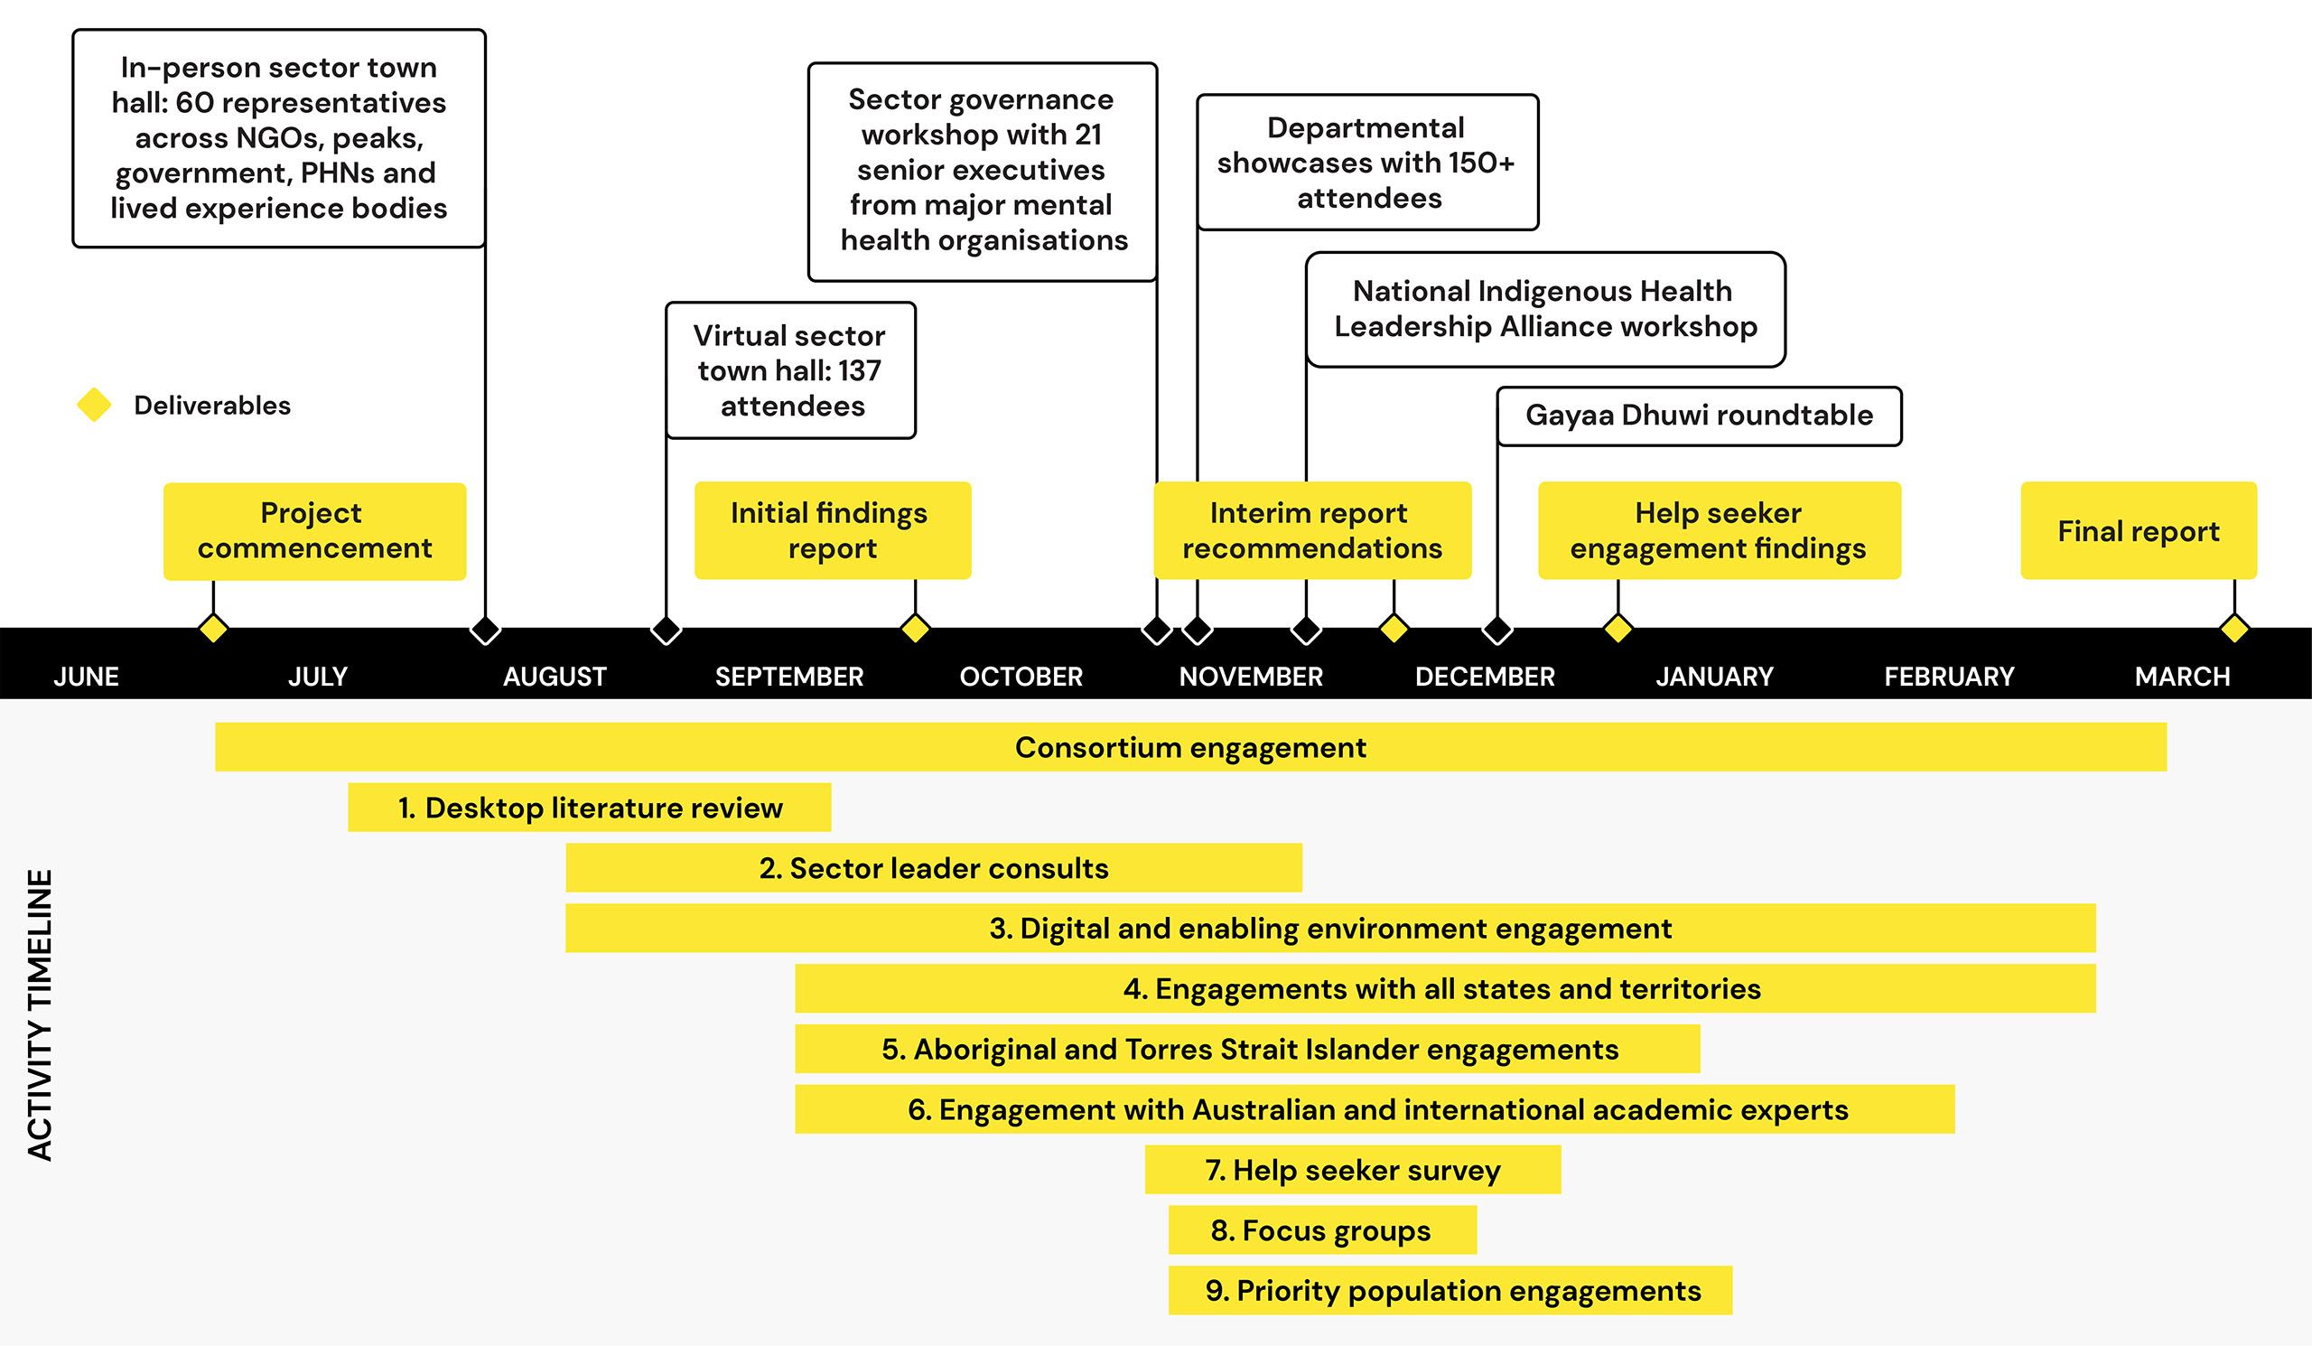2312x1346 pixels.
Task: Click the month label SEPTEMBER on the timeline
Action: (x=789, y=678)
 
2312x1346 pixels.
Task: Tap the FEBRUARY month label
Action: (x=1949, y=678)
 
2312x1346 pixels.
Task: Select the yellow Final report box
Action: (x=2139, y=530)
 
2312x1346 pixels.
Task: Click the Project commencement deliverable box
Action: (x=314, y=531)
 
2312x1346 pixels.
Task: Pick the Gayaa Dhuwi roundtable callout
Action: (x=1699, y=416)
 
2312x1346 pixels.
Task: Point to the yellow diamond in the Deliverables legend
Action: (x=94, y=405)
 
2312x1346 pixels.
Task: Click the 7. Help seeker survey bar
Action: (x=1352, y=1170)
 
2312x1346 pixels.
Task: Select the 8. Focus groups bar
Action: (x=1322, y=1230)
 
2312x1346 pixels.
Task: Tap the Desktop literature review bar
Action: (x=589, y=808)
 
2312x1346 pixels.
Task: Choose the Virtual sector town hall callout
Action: (x=790, y=370)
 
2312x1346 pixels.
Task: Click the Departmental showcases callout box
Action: (x=1367, y=163)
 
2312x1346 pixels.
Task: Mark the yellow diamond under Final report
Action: (x=2234, y=629)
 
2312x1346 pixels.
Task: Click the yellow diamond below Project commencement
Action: (x=213, y=629)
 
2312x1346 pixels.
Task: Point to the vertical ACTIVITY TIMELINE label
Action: (x=41, y=1014)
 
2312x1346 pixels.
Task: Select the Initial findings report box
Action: (x=832, y=530)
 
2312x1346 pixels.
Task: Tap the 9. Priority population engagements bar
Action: (x=1450, y=1291)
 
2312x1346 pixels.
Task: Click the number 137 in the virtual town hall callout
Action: (x=859, y=370)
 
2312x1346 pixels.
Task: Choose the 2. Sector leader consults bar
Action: (x=933, y=868)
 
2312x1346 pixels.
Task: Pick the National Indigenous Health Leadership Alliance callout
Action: (x=1545, y=309)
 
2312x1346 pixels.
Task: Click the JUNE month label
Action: (x=86, y=678)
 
